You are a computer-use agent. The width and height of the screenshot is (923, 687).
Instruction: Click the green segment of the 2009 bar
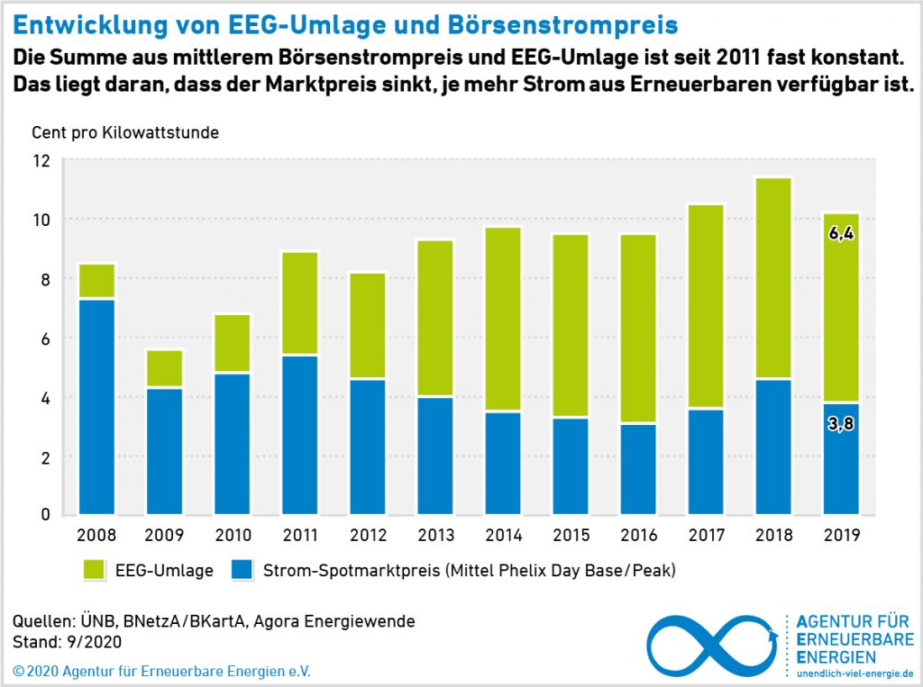click(x=165, y=368)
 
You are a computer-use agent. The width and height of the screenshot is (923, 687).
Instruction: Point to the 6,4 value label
click(x=841, y=234)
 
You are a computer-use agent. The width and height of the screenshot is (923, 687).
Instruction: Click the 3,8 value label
click(x=841, y=422)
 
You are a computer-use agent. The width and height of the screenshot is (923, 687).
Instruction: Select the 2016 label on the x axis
click(x=638, y=536)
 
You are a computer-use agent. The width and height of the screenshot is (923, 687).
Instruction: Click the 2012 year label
click(x=368, y=536)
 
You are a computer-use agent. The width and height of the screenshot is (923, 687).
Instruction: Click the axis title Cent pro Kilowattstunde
click(x=125, y=132)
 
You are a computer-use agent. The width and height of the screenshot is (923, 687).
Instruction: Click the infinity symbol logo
click(x=711, y=646)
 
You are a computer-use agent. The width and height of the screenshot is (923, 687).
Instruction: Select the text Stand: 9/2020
click(x=68, y=643)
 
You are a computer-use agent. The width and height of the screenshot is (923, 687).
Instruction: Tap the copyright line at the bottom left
click(x=167, y=672)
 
